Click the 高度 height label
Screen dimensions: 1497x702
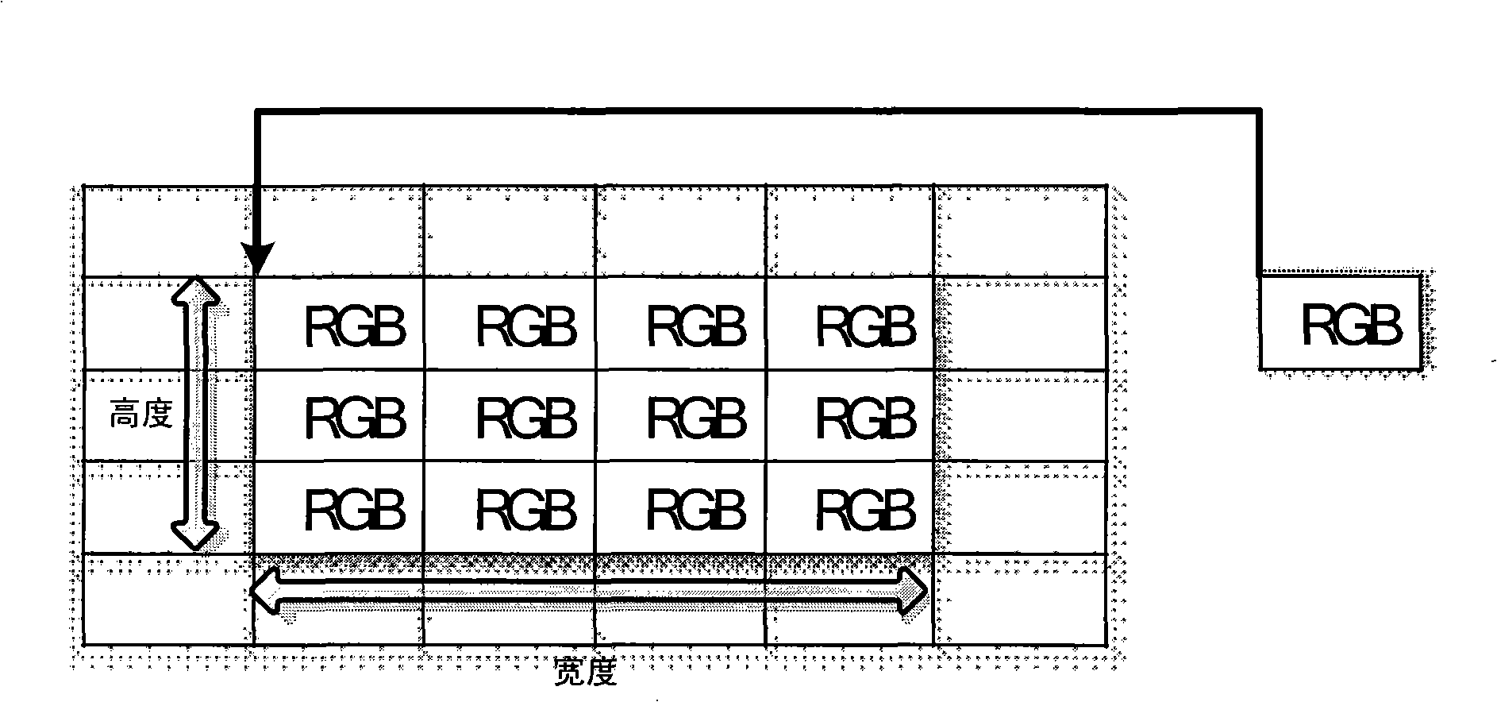click(141, 415)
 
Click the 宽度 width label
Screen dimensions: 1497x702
click(584, 675)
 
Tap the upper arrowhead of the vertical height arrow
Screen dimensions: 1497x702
click(197, 291)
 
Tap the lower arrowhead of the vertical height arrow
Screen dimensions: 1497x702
click(197, 537)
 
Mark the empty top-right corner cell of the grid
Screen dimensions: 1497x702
click(1020, 232)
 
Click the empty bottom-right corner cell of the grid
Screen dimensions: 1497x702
click(1020, 599)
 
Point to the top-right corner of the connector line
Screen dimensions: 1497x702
click(1260, 112)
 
